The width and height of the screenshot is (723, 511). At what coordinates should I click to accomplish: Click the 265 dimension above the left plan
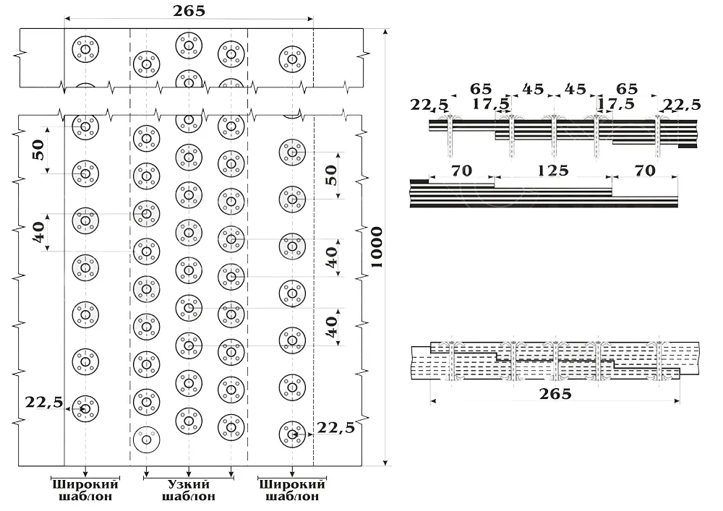tap(189, 11)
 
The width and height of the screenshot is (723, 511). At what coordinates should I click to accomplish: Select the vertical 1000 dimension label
tap(377, 247)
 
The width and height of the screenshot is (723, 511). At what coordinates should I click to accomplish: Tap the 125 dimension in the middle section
tap(553, 171)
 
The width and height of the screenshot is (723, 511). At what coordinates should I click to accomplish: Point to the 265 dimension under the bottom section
tap(555, 394)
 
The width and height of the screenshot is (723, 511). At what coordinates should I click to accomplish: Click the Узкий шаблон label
tap(189, 491)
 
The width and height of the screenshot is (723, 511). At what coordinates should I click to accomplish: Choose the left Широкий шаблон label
tap(85, 491)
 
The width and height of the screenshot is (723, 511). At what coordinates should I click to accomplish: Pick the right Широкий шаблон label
tap(292, 491)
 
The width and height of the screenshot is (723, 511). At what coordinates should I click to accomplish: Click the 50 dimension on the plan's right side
tap(331, 176)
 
